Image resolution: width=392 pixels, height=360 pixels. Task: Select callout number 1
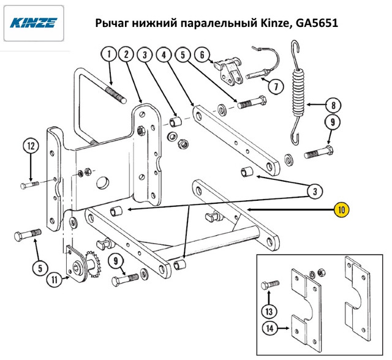(109, 54)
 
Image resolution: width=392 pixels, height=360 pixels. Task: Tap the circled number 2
(127, 54)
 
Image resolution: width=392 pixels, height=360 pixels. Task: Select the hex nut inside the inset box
(322, 272)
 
